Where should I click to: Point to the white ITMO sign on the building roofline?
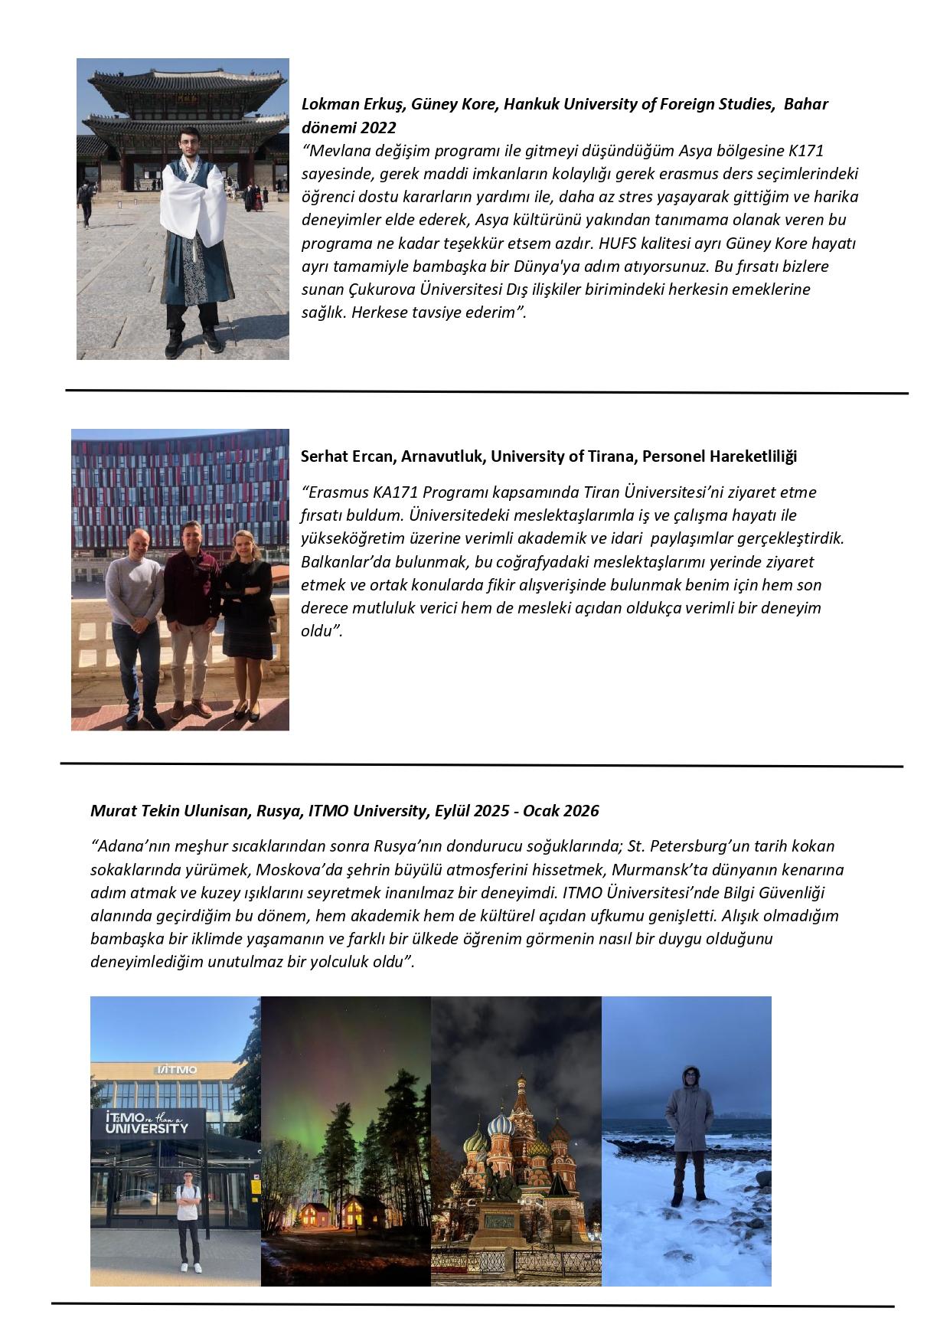pos(176,1069)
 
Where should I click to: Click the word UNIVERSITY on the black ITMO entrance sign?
pos(146,1129)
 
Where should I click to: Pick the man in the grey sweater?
pos(136,605)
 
